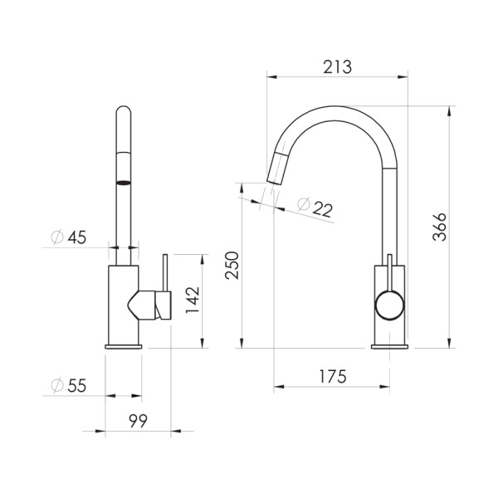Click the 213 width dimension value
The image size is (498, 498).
click(338, 67)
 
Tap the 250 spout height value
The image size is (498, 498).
click(233, 266)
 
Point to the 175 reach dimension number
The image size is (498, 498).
click(331, 376)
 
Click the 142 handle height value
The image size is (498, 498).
click(193, 303)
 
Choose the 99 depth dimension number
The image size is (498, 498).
click(138, 422)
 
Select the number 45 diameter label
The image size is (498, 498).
click(77, 238)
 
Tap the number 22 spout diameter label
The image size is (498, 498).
click(323, 211)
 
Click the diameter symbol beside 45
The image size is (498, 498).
click(57, 238)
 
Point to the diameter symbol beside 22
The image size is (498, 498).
click(303, 203)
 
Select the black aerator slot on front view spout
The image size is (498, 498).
click(123, 183)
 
